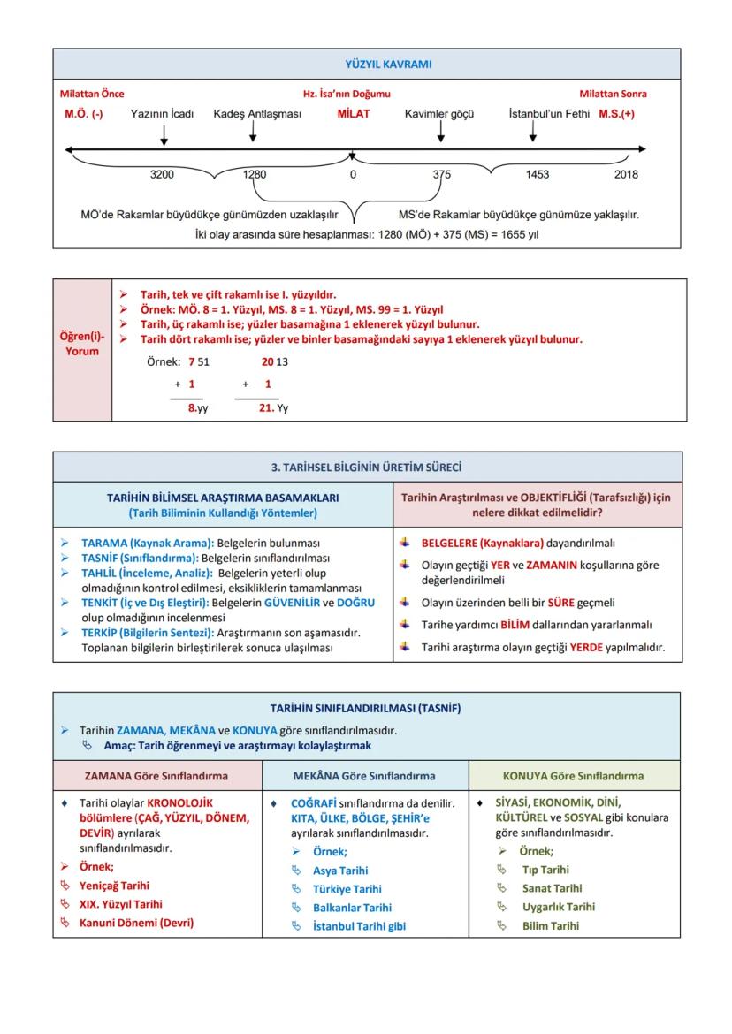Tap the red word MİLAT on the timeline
[x=354, y=114]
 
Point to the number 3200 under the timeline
[x=163, y=175]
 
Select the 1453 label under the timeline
[x=537, y=175]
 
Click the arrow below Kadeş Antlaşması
[x=254, y=132]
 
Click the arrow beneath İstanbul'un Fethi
[x=532, y=132]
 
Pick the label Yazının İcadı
[x=162, y=114]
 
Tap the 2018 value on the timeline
[x=626, y=175]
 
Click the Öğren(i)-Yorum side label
[x=82, y=344]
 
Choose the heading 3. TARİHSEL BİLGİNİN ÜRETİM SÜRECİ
[x=366, y=468]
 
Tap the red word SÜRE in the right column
[x=560, y=603]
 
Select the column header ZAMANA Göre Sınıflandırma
[x=156, y=776]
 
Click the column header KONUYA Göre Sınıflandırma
[x=573, y=776]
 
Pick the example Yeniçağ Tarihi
[x=114, y=886]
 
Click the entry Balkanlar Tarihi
[x=352, y=908]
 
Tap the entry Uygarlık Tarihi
[x=558, y=907]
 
